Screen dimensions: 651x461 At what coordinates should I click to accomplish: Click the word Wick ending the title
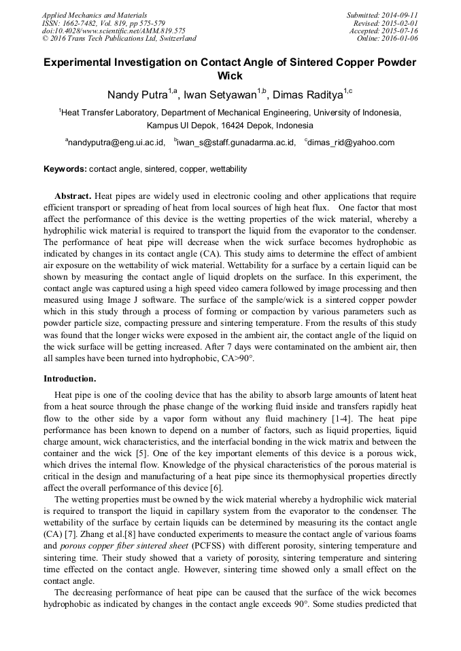(x=230, y=76)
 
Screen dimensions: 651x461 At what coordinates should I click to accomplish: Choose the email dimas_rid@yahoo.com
(x=351, y=143)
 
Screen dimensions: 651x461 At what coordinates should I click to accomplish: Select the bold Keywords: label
(x=65, y=168)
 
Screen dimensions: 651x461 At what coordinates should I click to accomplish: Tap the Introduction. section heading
(x=70, y=378)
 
